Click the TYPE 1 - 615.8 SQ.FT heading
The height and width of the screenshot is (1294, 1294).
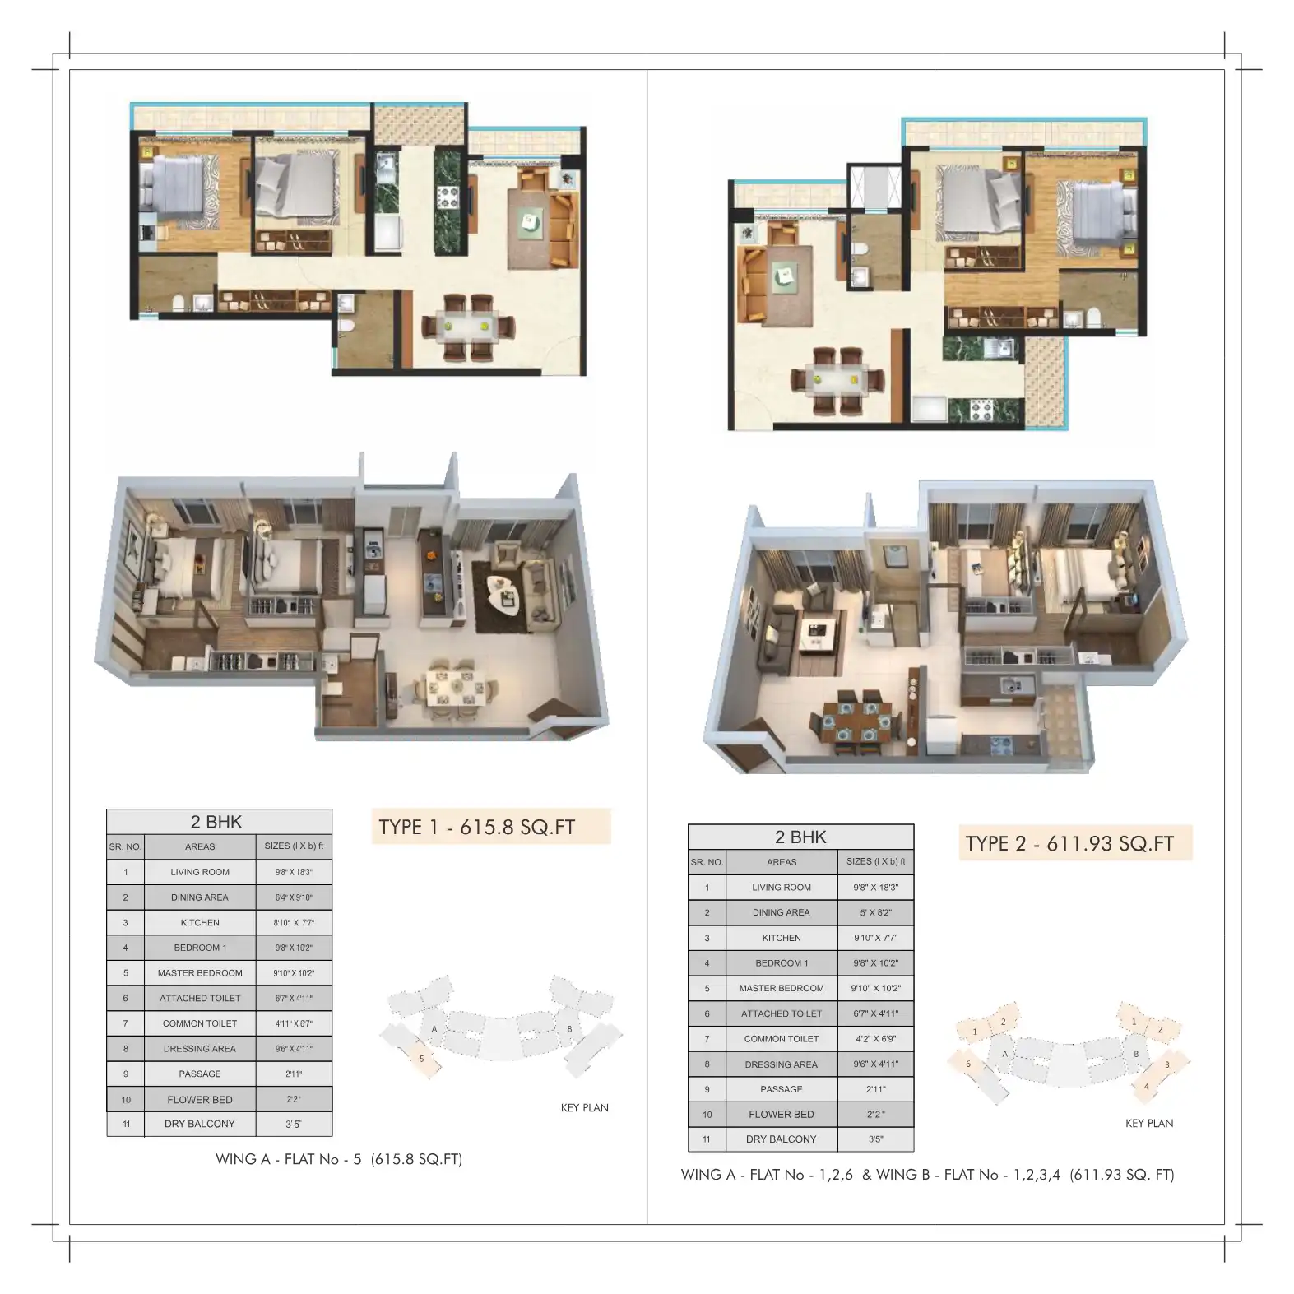(477, 827)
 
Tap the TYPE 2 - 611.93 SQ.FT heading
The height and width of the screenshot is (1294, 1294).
(1069, 843)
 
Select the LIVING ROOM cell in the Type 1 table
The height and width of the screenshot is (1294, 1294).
(200, 872)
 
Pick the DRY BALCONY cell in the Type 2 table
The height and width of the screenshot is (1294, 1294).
(781, 1139)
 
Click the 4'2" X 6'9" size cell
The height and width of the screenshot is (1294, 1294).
(875, 1039)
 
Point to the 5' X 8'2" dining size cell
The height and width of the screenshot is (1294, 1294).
(875, 912)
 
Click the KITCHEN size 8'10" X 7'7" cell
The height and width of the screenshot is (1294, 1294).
(294, 923)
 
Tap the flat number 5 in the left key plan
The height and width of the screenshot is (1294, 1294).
(422, 1059)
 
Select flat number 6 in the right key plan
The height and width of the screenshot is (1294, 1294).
(967, 1064)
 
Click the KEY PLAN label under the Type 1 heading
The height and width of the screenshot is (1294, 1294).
(584, 1108)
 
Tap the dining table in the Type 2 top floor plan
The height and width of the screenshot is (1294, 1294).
(837, 380)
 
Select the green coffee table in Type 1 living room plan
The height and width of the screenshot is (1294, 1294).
(531, 220)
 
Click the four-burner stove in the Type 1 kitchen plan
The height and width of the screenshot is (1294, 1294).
(448, 197)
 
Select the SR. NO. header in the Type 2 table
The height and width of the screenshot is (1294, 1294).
(707, 862)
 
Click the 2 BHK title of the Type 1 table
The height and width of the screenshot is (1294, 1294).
(216, 822)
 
